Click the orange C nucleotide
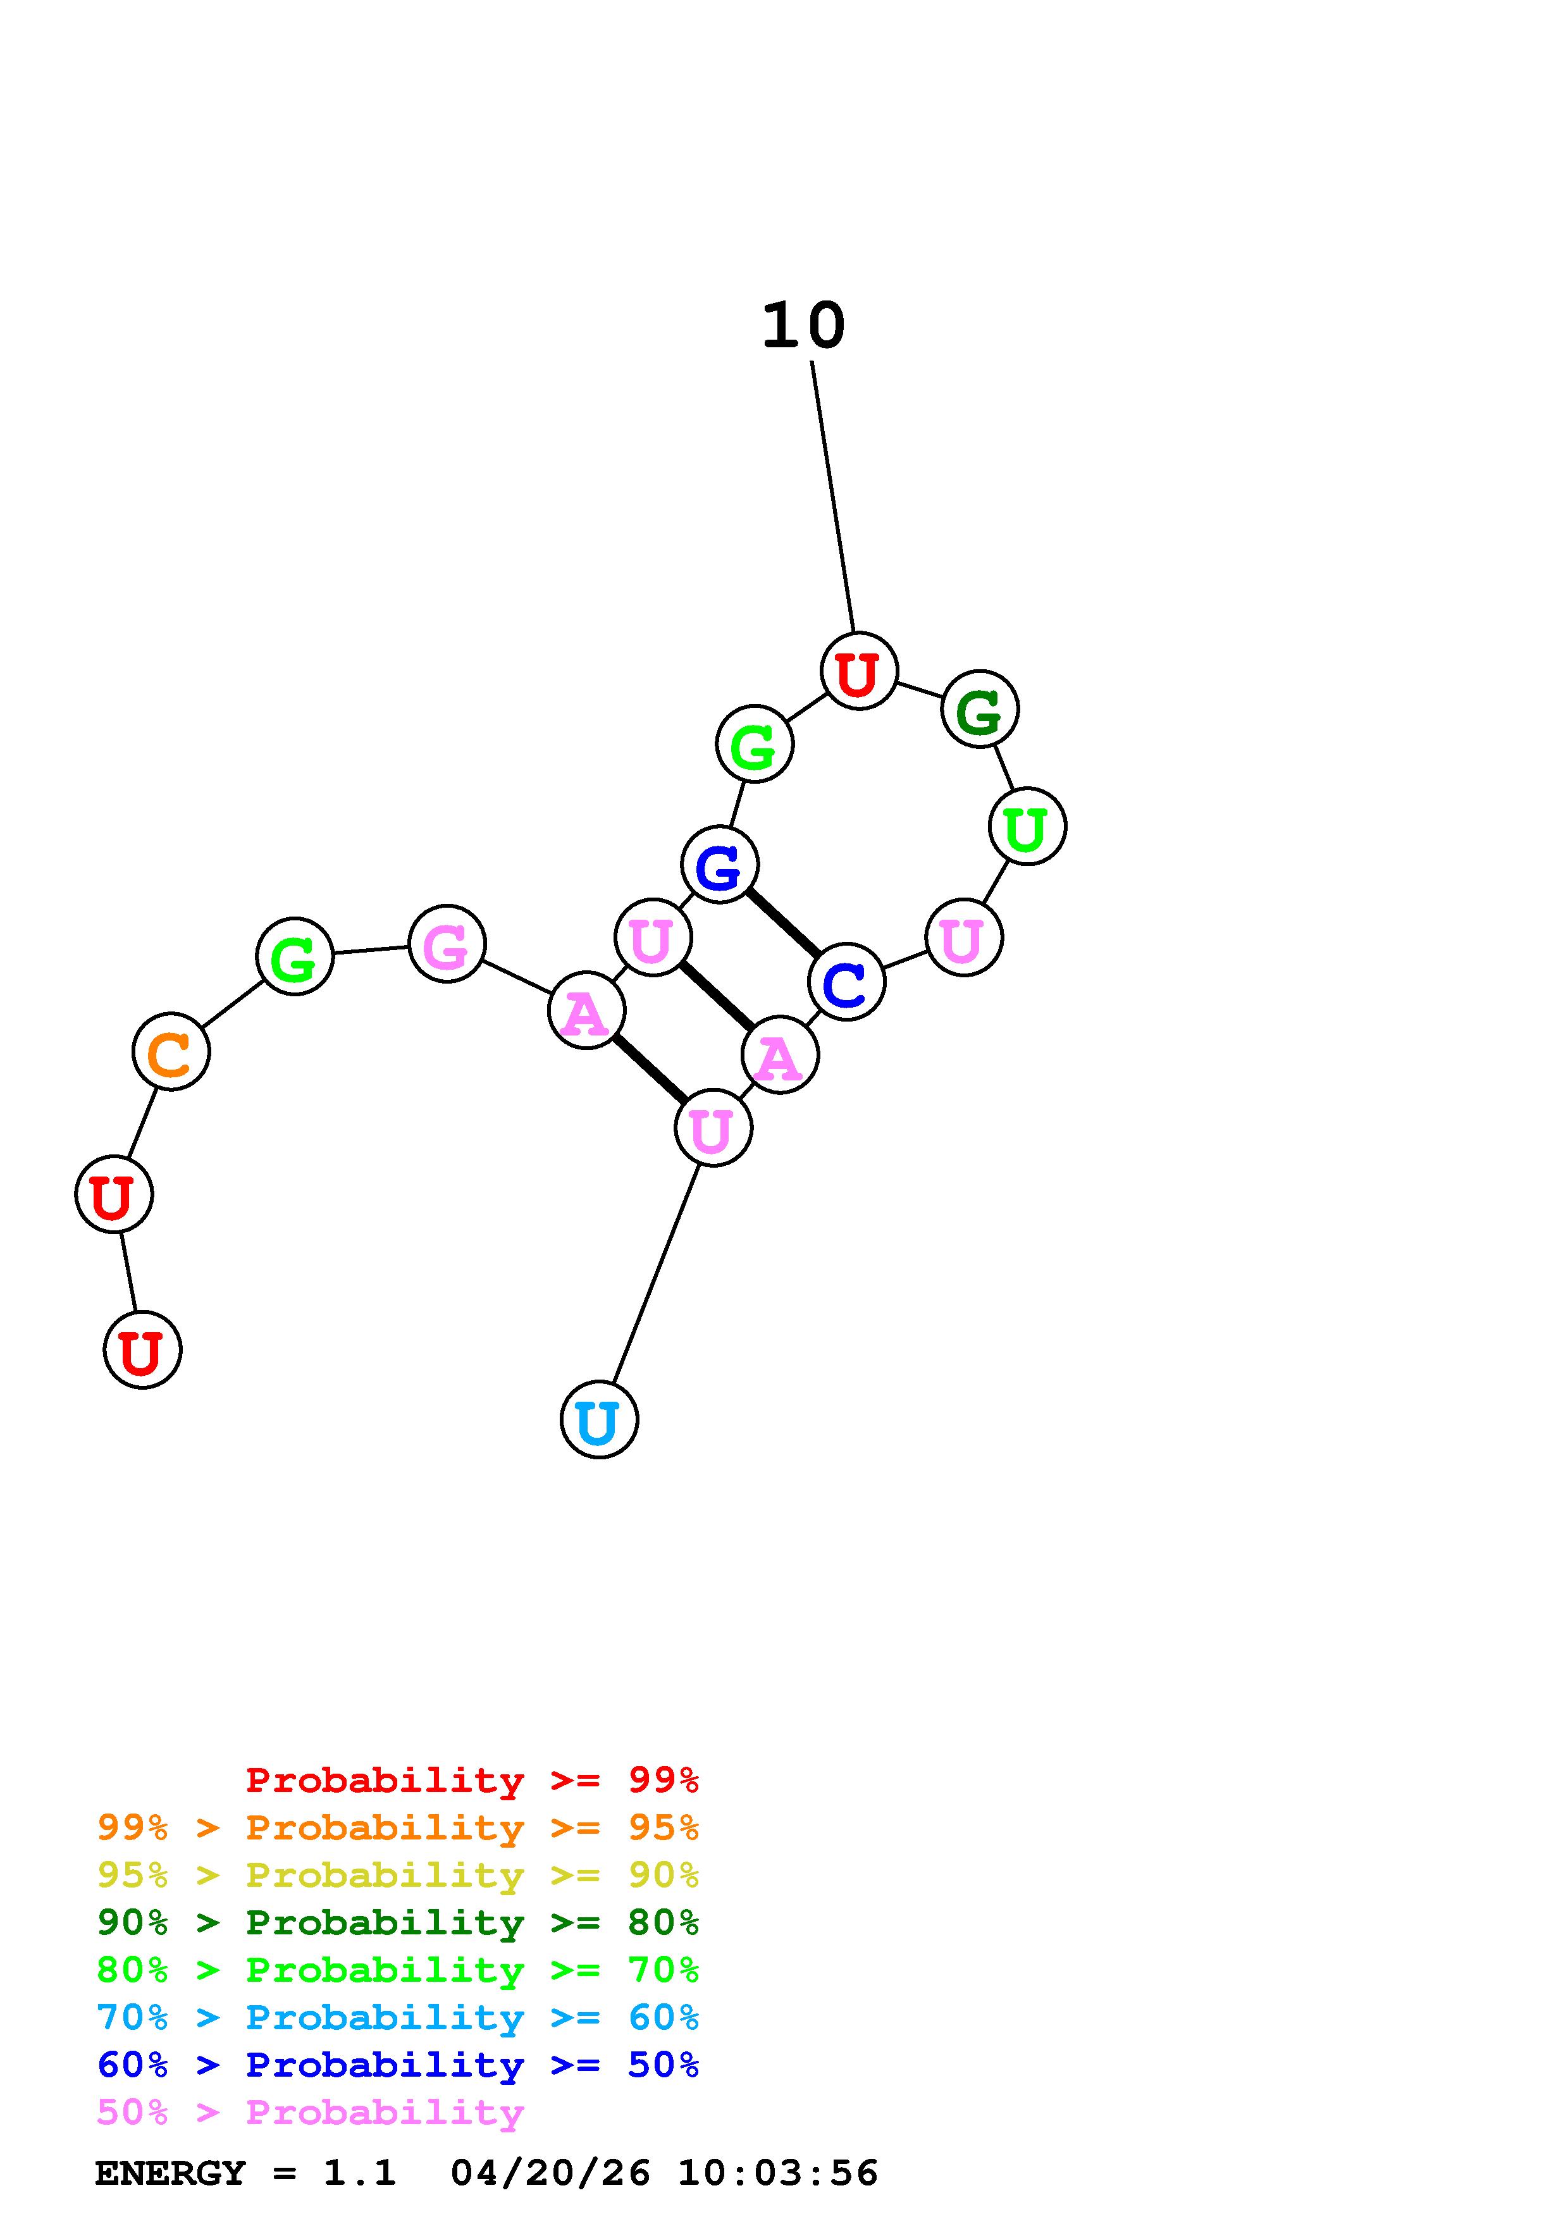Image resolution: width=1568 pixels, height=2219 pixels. coord(171,1051)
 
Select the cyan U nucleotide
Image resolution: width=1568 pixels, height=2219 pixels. coord(599,1419)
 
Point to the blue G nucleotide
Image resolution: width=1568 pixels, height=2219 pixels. coord(720,865)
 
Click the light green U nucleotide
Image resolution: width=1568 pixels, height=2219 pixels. coord(1027,826)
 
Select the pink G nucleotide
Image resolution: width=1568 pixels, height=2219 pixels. coord(447,944)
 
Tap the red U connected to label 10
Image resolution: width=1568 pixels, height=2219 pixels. coord(858,671)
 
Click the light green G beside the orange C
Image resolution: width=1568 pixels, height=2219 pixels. coord(295,957)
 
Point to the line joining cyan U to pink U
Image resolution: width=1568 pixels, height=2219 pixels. coord(656,1274)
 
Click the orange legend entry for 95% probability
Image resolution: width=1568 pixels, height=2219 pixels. coord(398,1827)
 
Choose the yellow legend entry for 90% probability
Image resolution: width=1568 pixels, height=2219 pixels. coord(398,1875)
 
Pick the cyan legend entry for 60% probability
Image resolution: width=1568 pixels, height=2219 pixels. coord(398,2017)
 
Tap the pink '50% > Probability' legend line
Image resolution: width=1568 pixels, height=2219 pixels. coord(310,2111)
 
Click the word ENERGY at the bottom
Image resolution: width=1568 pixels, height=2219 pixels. coord(170,2173)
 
